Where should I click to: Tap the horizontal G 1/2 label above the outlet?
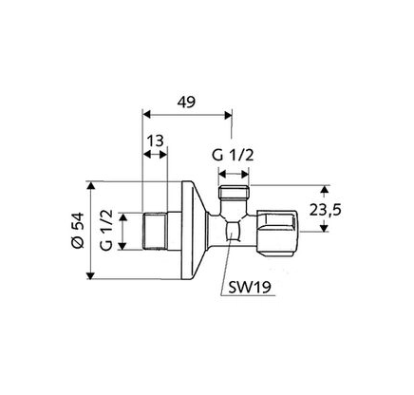[233, 156]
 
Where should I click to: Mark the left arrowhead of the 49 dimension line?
[145, 113]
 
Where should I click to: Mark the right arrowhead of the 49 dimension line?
[229, 113]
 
